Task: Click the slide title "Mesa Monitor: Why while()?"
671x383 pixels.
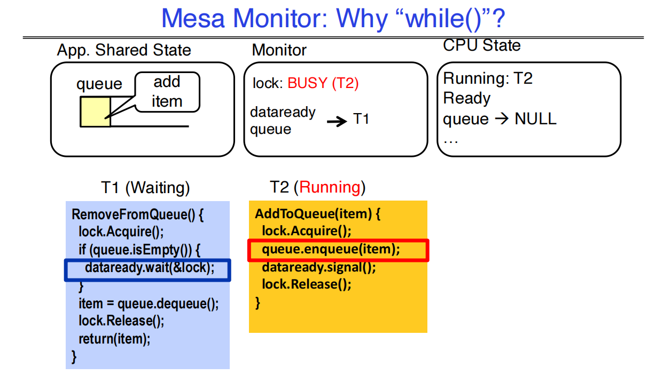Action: [333, 19]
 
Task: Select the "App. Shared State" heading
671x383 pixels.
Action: [124, 51]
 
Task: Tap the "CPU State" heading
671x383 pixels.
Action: [482, 46]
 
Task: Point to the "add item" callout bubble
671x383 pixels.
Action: [167, 92]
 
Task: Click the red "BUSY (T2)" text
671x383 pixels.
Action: [323, 83]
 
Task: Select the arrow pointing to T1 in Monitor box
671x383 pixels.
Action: [337, 121]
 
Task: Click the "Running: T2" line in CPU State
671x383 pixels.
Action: [488, 79]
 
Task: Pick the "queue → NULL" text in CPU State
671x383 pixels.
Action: [500, 119]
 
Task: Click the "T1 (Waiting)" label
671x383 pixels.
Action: [145, 188]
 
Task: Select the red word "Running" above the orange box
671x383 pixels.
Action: [330, 188]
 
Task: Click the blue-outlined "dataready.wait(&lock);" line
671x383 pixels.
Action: [148, 269]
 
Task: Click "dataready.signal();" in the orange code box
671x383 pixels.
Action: [318, 267]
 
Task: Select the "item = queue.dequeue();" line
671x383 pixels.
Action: [149, 304]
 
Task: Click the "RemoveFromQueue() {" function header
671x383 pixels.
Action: [138, 215]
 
